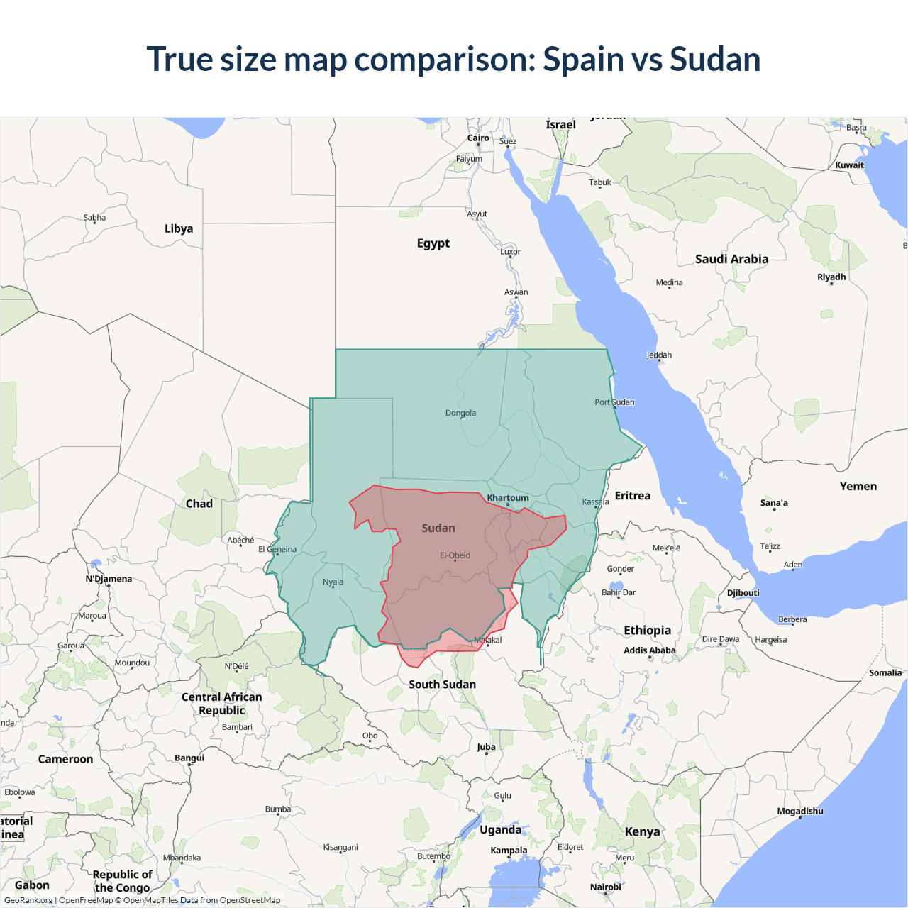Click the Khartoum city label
[x=508, y=498]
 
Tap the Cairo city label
[x=478, y=138]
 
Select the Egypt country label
[x=433, y=243]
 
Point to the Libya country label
[x=179, y=228]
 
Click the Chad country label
[x=199, y=504]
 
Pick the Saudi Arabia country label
[x=731, y=259]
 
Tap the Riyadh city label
[x=831, y=277]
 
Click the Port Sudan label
[x=614, y=402]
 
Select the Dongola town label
[x=460, y=413]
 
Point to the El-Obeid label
[x=455, y=555]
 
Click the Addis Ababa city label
[x=649, y=650]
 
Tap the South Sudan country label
[x=442, y=685]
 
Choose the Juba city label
[x=486, y=747]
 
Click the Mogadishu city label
[x=800, y=812]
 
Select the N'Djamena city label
[x=109, y=579]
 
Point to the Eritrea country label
[x=632, y=496]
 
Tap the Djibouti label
[x=743, y=593]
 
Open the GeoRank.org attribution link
[x=28, y=900]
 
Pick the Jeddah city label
[x=659, y=355]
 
